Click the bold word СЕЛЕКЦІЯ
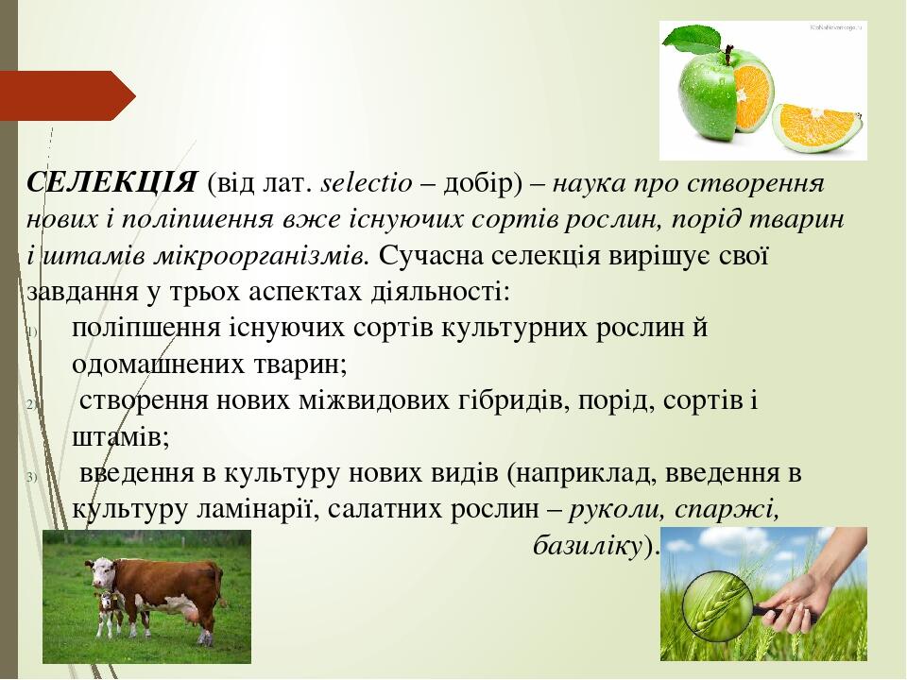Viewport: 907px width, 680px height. point(111,182)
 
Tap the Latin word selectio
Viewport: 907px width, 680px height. point(367,183)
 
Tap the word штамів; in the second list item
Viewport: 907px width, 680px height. point(121,437)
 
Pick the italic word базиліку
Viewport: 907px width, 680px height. point(587,545)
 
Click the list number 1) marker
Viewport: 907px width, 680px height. point(32,331)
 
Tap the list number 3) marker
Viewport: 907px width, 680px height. point(32,477)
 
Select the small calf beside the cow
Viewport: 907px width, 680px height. point(110,614)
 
